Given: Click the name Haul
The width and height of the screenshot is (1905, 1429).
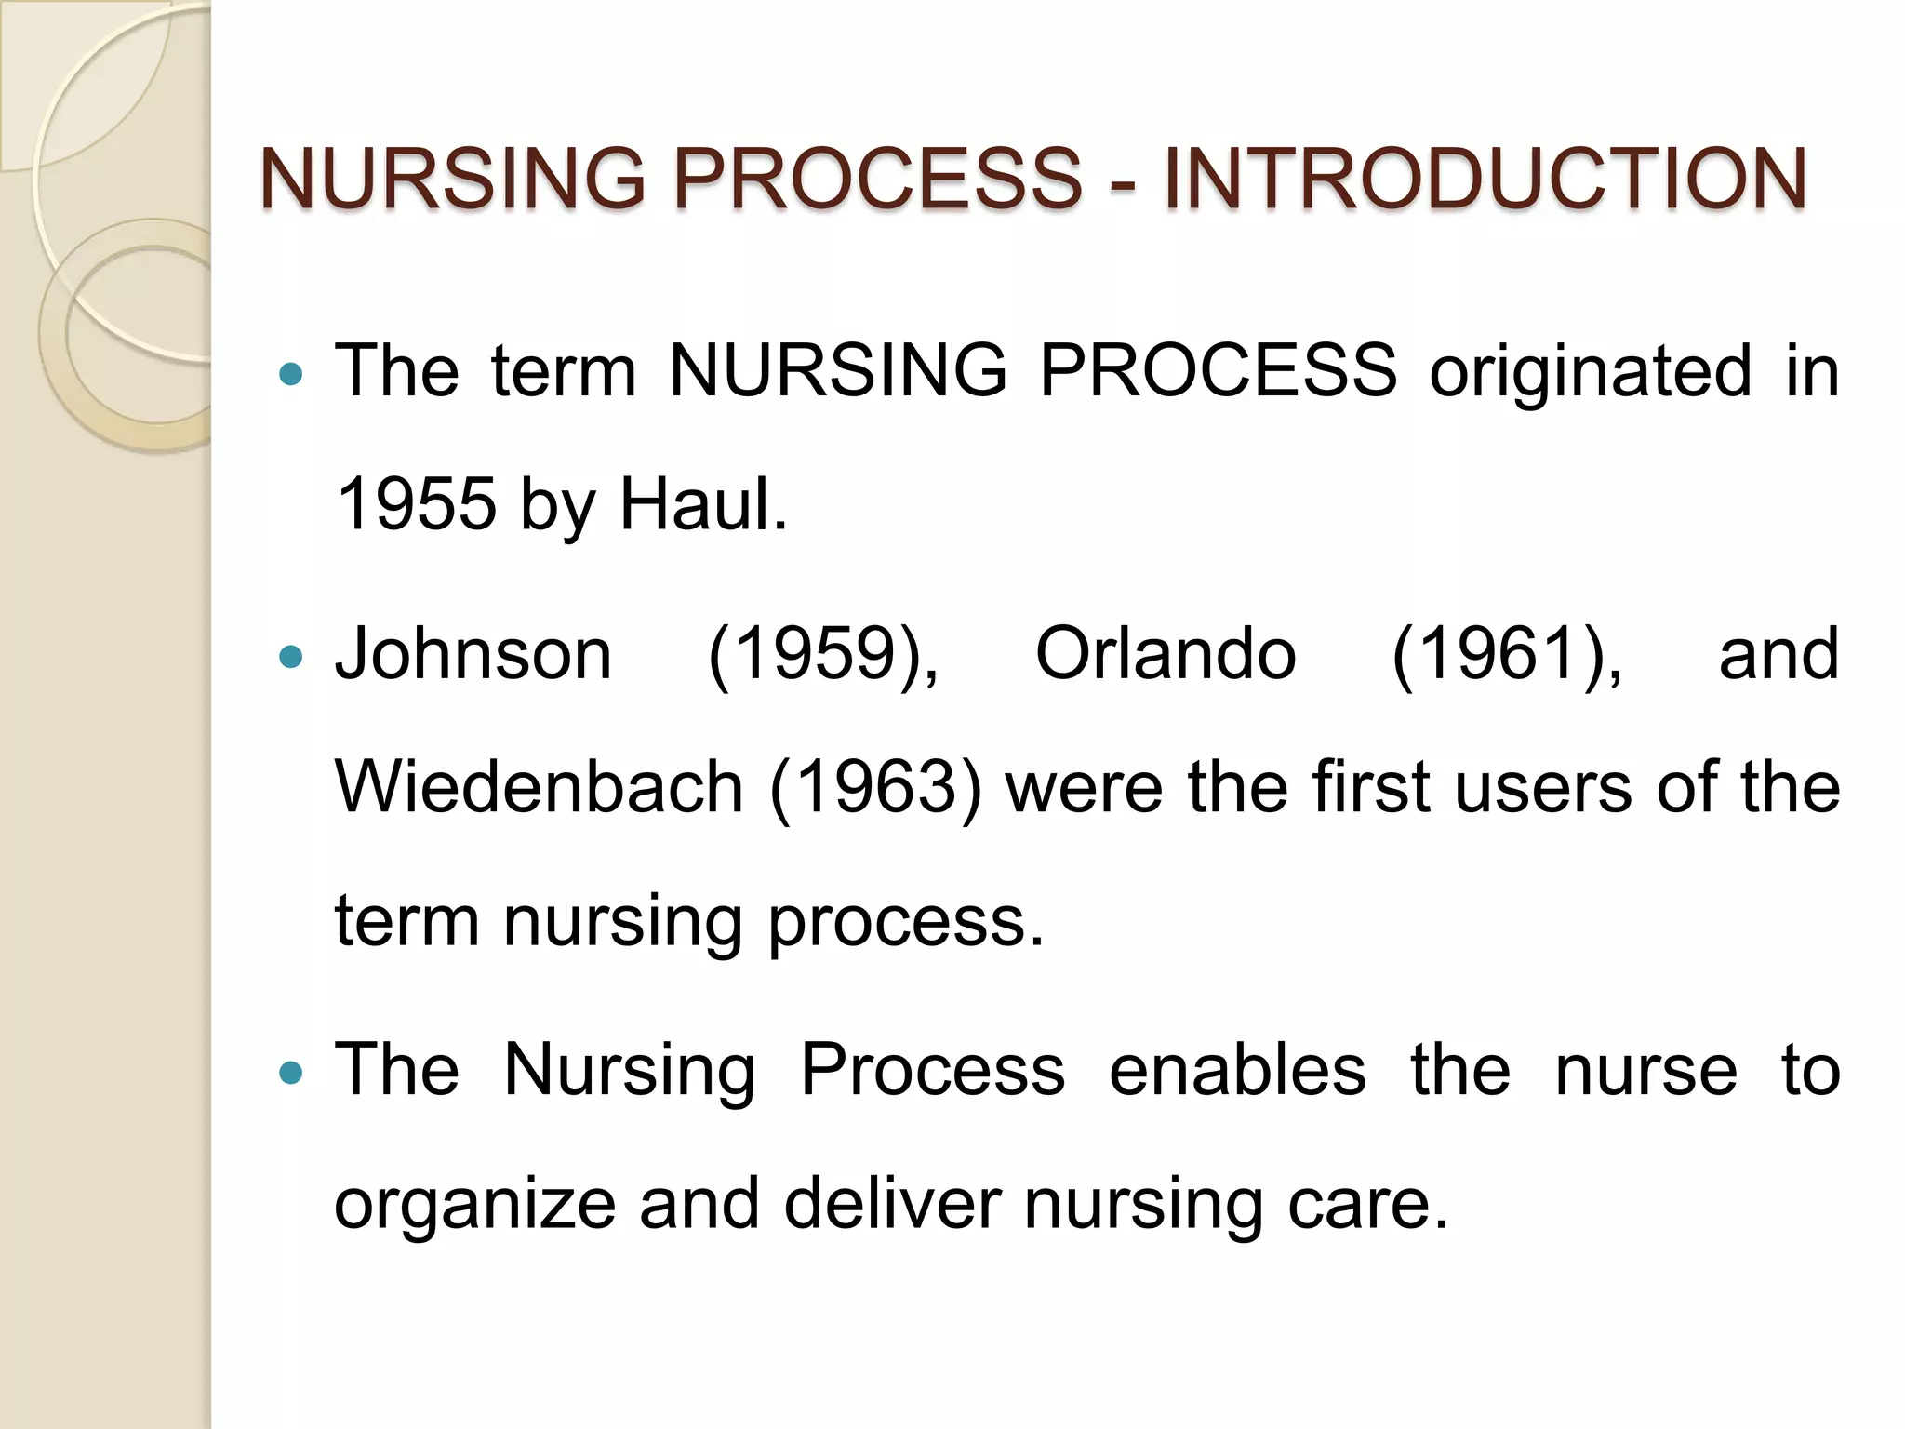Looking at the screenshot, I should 703,504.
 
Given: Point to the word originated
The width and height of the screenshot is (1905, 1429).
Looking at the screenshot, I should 1591,371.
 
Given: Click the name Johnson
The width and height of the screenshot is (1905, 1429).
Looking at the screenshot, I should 473,654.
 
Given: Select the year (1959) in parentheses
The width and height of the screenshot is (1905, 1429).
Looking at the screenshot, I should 823,656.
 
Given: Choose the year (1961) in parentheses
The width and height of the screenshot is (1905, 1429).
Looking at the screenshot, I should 1507,656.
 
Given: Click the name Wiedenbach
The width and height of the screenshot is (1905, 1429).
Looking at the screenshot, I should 539,787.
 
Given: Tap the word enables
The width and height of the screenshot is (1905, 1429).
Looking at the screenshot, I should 1237,1070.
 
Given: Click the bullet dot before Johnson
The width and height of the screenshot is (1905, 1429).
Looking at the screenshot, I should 291,657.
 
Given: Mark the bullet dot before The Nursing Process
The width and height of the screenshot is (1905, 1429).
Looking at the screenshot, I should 291,1074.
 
